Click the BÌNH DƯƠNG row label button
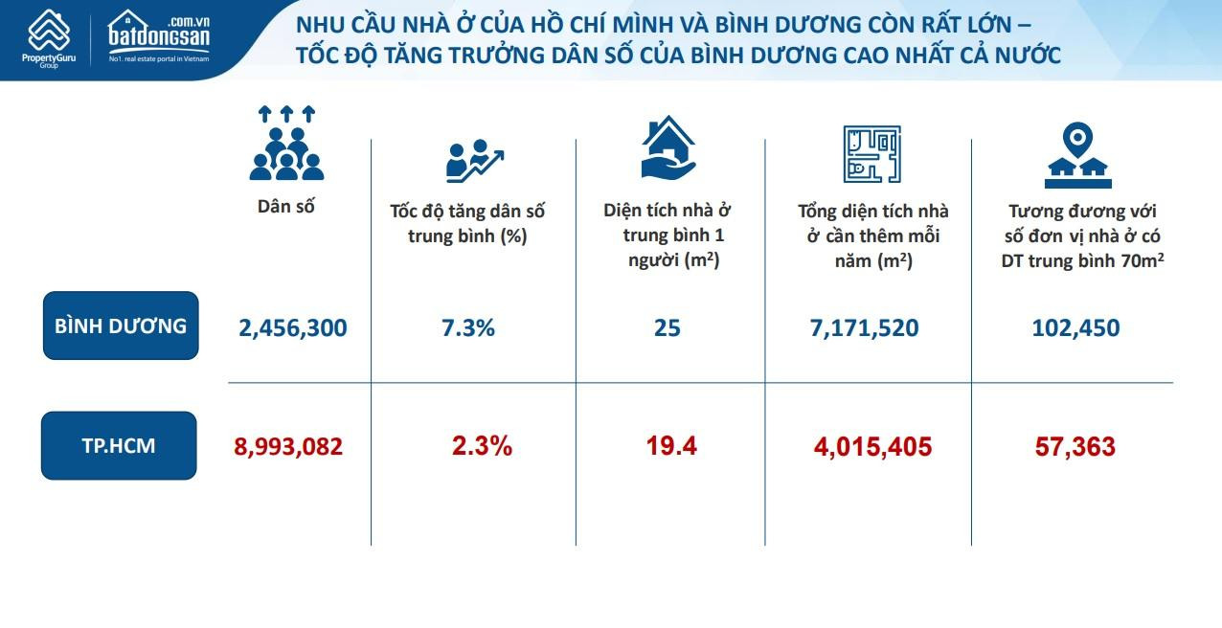tap(121, 325)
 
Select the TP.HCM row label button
tap(120, 445)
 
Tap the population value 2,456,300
tap(292, 328)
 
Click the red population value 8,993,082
tap(288, 446)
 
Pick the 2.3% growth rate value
tap(482, 446)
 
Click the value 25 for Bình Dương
tap(667, 328)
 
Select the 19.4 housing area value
tap(671, 446)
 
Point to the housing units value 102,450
tap(1075, 328)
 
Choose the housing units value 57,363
tap(1075, 447)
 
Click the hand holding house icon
tap(668, 147)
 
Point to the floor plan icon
tap(871, 153)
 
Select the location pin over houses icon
tap(1075, 156)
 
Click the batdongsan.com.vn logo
tap(158, 37)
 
